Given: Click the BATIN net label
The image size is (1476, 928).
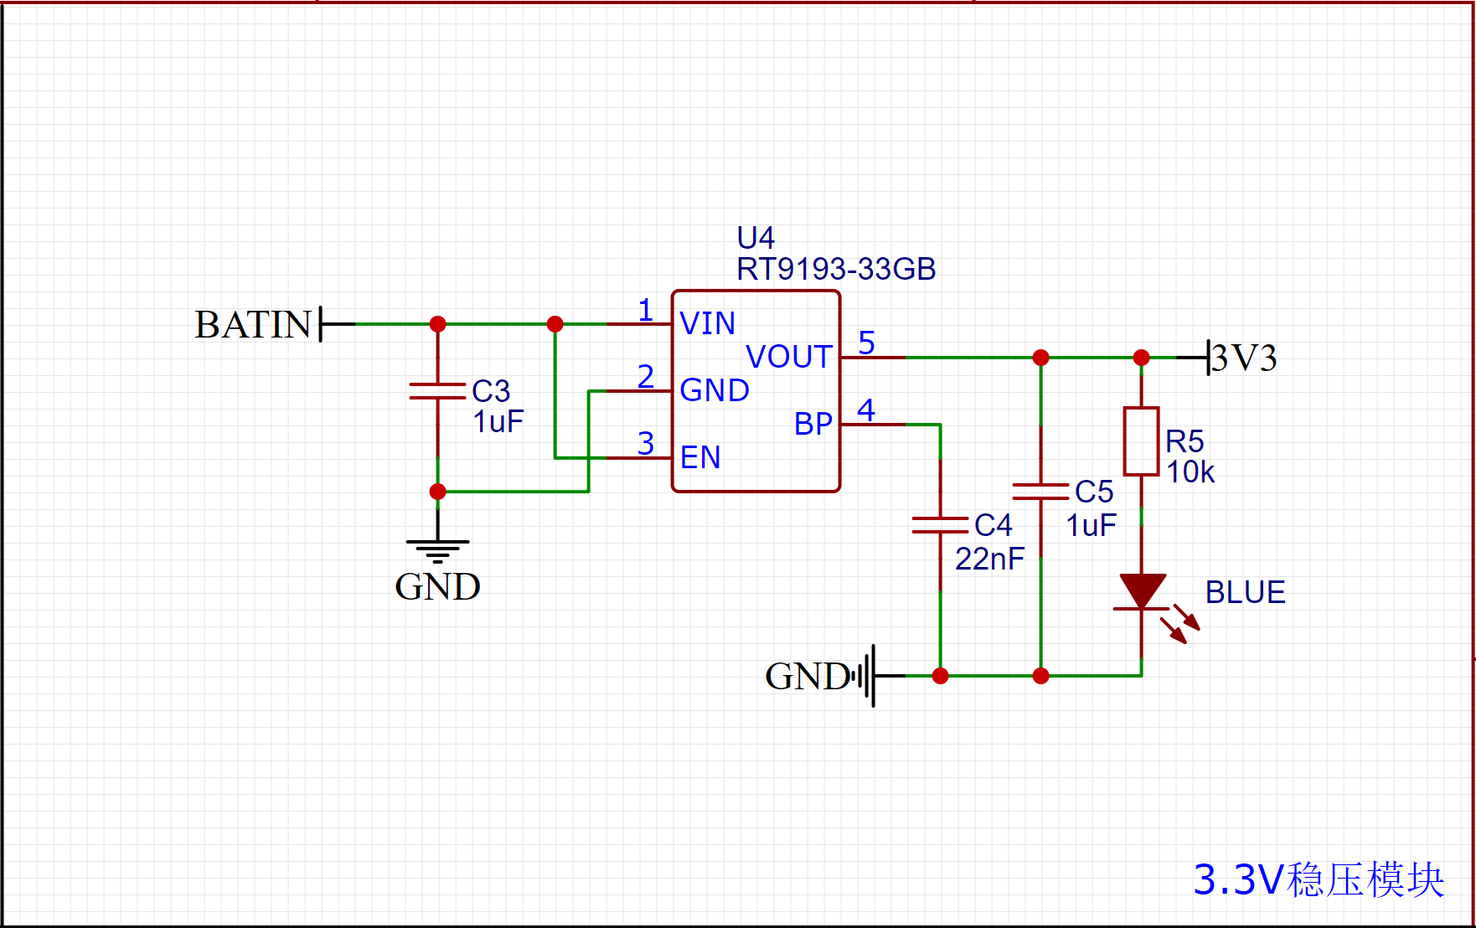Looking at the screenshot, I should [x=253, y=325].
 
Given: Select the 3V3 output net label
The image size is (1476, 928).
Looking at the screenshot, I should [x=1244, y=358].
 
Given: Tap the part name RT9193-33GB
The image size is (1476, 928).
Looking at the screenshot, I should [x=835, y=270].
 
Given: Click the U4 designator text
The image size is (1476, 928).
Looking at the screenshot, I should [x=755, y=238].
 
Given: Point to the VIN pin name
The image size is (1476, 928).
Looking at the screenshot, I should [x=707, y=324].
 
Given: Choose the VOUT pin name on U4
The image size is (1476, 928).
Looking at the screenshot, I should [x=788, y=358].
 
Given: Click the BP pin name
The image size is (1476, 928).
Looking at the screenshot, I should [x=813, y=425].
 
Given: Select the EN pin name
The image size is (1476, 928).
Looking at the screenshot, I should [x=700, y=458].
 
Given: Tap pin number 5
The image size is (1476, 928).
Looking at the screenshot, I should [x=866, y=343].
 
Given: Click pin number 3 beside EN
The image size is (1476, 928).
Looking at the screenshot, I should [x=645, y=443].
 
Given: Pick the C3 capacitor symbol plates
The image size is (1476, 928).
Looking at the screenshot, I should [x=437, y=391].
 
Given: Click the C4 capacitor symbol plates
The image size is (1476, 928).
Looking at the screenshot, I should [x=940, y=525].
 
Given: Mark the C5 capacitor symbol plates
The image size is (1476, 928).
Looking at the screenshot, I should [x=1040, y=492].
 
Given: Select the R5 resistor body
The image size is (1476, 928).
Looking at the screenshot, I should [x=1141, y=441].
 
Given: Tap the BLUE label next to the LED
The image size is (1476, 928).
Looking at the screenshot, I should [x=1245, y=593].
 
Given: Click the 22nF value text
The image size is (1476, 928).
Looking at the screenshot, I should [x=989, y=559].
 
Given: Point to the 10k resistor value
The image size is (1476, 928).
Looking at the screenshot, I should [x=1190, y=473].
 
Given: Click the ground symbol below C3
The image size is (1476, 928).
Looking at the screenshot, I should [x=437, y=551].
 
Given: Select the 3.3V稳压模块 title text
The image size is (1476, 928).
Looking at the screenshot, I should [x=1319, y=880].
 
